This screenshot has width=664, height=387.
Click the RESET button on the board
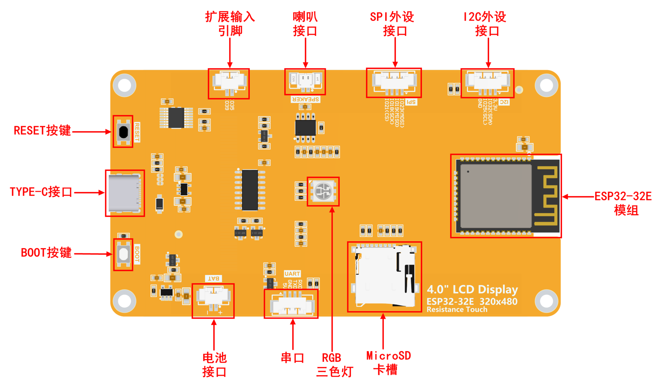coord(123,132)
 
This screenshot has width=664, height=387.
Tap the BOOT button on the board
coord(123,254)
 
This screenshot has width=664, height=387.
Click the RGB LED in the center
coord(323,191)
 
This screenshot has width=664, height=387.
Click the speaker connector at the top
coord(305,82)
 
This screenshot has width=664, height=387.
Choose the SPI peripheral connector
coord(394,82)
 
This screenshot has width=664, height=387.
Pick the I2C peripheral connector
coord(487,82)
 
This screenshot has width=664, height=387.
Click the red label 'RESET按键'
coord(42,131)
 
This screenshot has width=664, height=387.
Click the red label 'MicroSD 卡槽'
coord(388,363)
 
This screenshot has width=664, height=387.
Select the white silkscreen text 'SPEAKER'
coord(305,100)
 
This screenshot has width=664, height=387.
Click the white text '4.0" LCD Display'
coord(472,290)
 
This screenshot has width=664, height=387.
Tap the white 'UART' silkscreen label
coord(292,274)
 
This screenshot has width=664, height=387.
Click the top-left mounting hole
coord(124,85)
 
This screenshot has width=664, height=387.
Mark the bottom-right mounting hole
coord(546,301)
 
